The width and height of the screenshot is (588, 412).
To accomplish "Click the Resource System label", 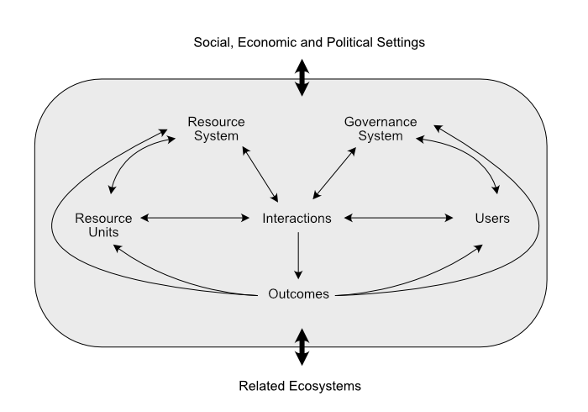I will pos(216,129).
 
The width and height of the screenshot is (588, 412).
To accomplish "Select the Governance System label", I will pos(381,129).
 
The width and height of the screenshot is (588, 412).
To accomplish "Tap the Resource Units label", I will pos(103,225).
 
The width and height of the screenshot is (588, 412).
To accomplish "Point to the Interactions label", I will pos(297,219).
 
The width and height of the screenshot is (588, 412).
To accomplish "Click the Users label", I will pos(492,219).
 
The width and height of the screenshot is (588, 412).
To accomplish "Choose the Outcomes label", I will pos(298,294).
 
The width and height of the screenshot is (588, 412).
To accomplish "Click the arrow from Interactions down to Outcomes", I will pos(298,256).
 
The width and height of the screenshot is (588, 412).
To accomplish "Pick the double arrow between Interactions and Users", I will pos(399,219).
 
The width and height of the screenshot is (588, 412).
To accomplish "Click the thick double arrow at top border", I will pos(302,87).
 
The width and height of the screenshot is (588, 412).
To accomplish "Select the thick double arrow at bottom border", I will pos(302,337).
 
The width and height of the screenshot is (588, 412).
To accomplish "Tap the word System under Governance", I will pos(381,136).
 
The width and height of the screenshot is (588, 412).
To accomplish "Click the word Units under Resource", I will pos(103,233).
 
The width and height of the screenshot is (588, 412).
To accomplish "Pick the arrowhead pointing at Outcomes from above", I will pos(298,274).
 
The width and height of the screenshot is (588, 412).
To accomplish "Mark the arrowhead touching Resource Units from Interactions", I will pos(144,219).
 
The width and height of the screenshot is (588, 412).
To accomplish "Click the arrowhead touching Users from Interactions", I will pos(449,219).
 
